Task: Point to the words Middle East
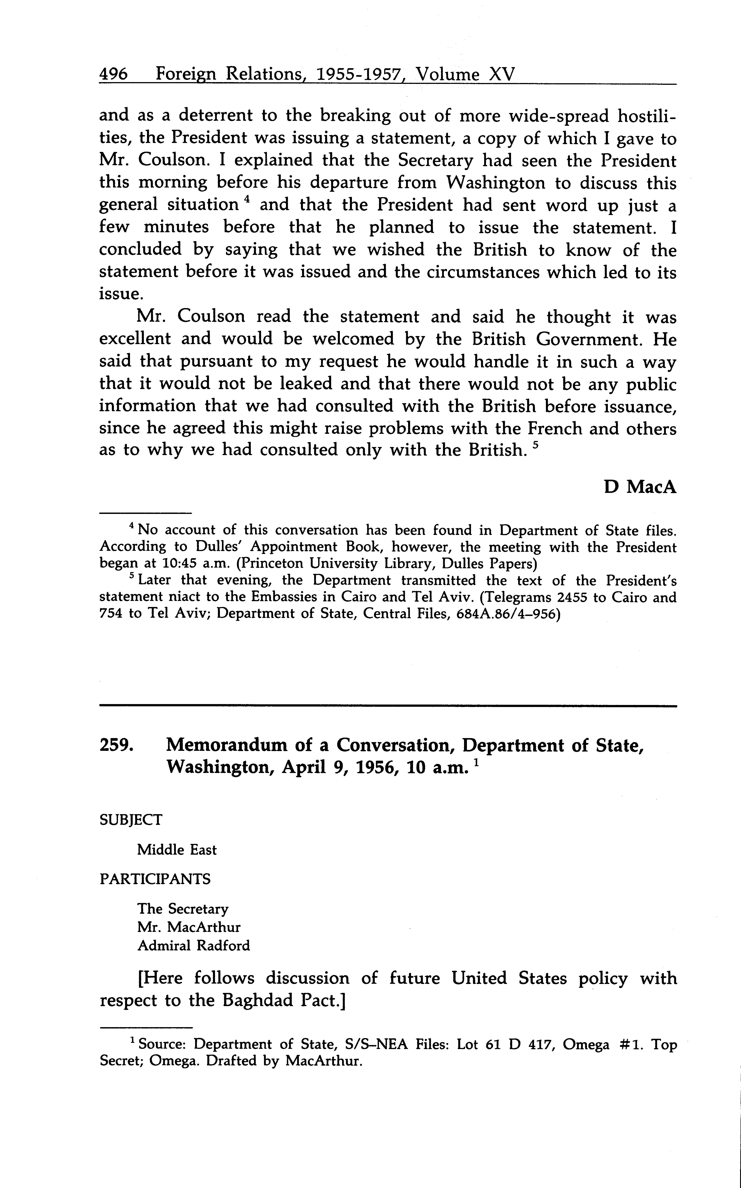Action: [x=177, y=850]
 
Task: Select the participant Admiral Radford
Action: [x=194, y=945]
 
